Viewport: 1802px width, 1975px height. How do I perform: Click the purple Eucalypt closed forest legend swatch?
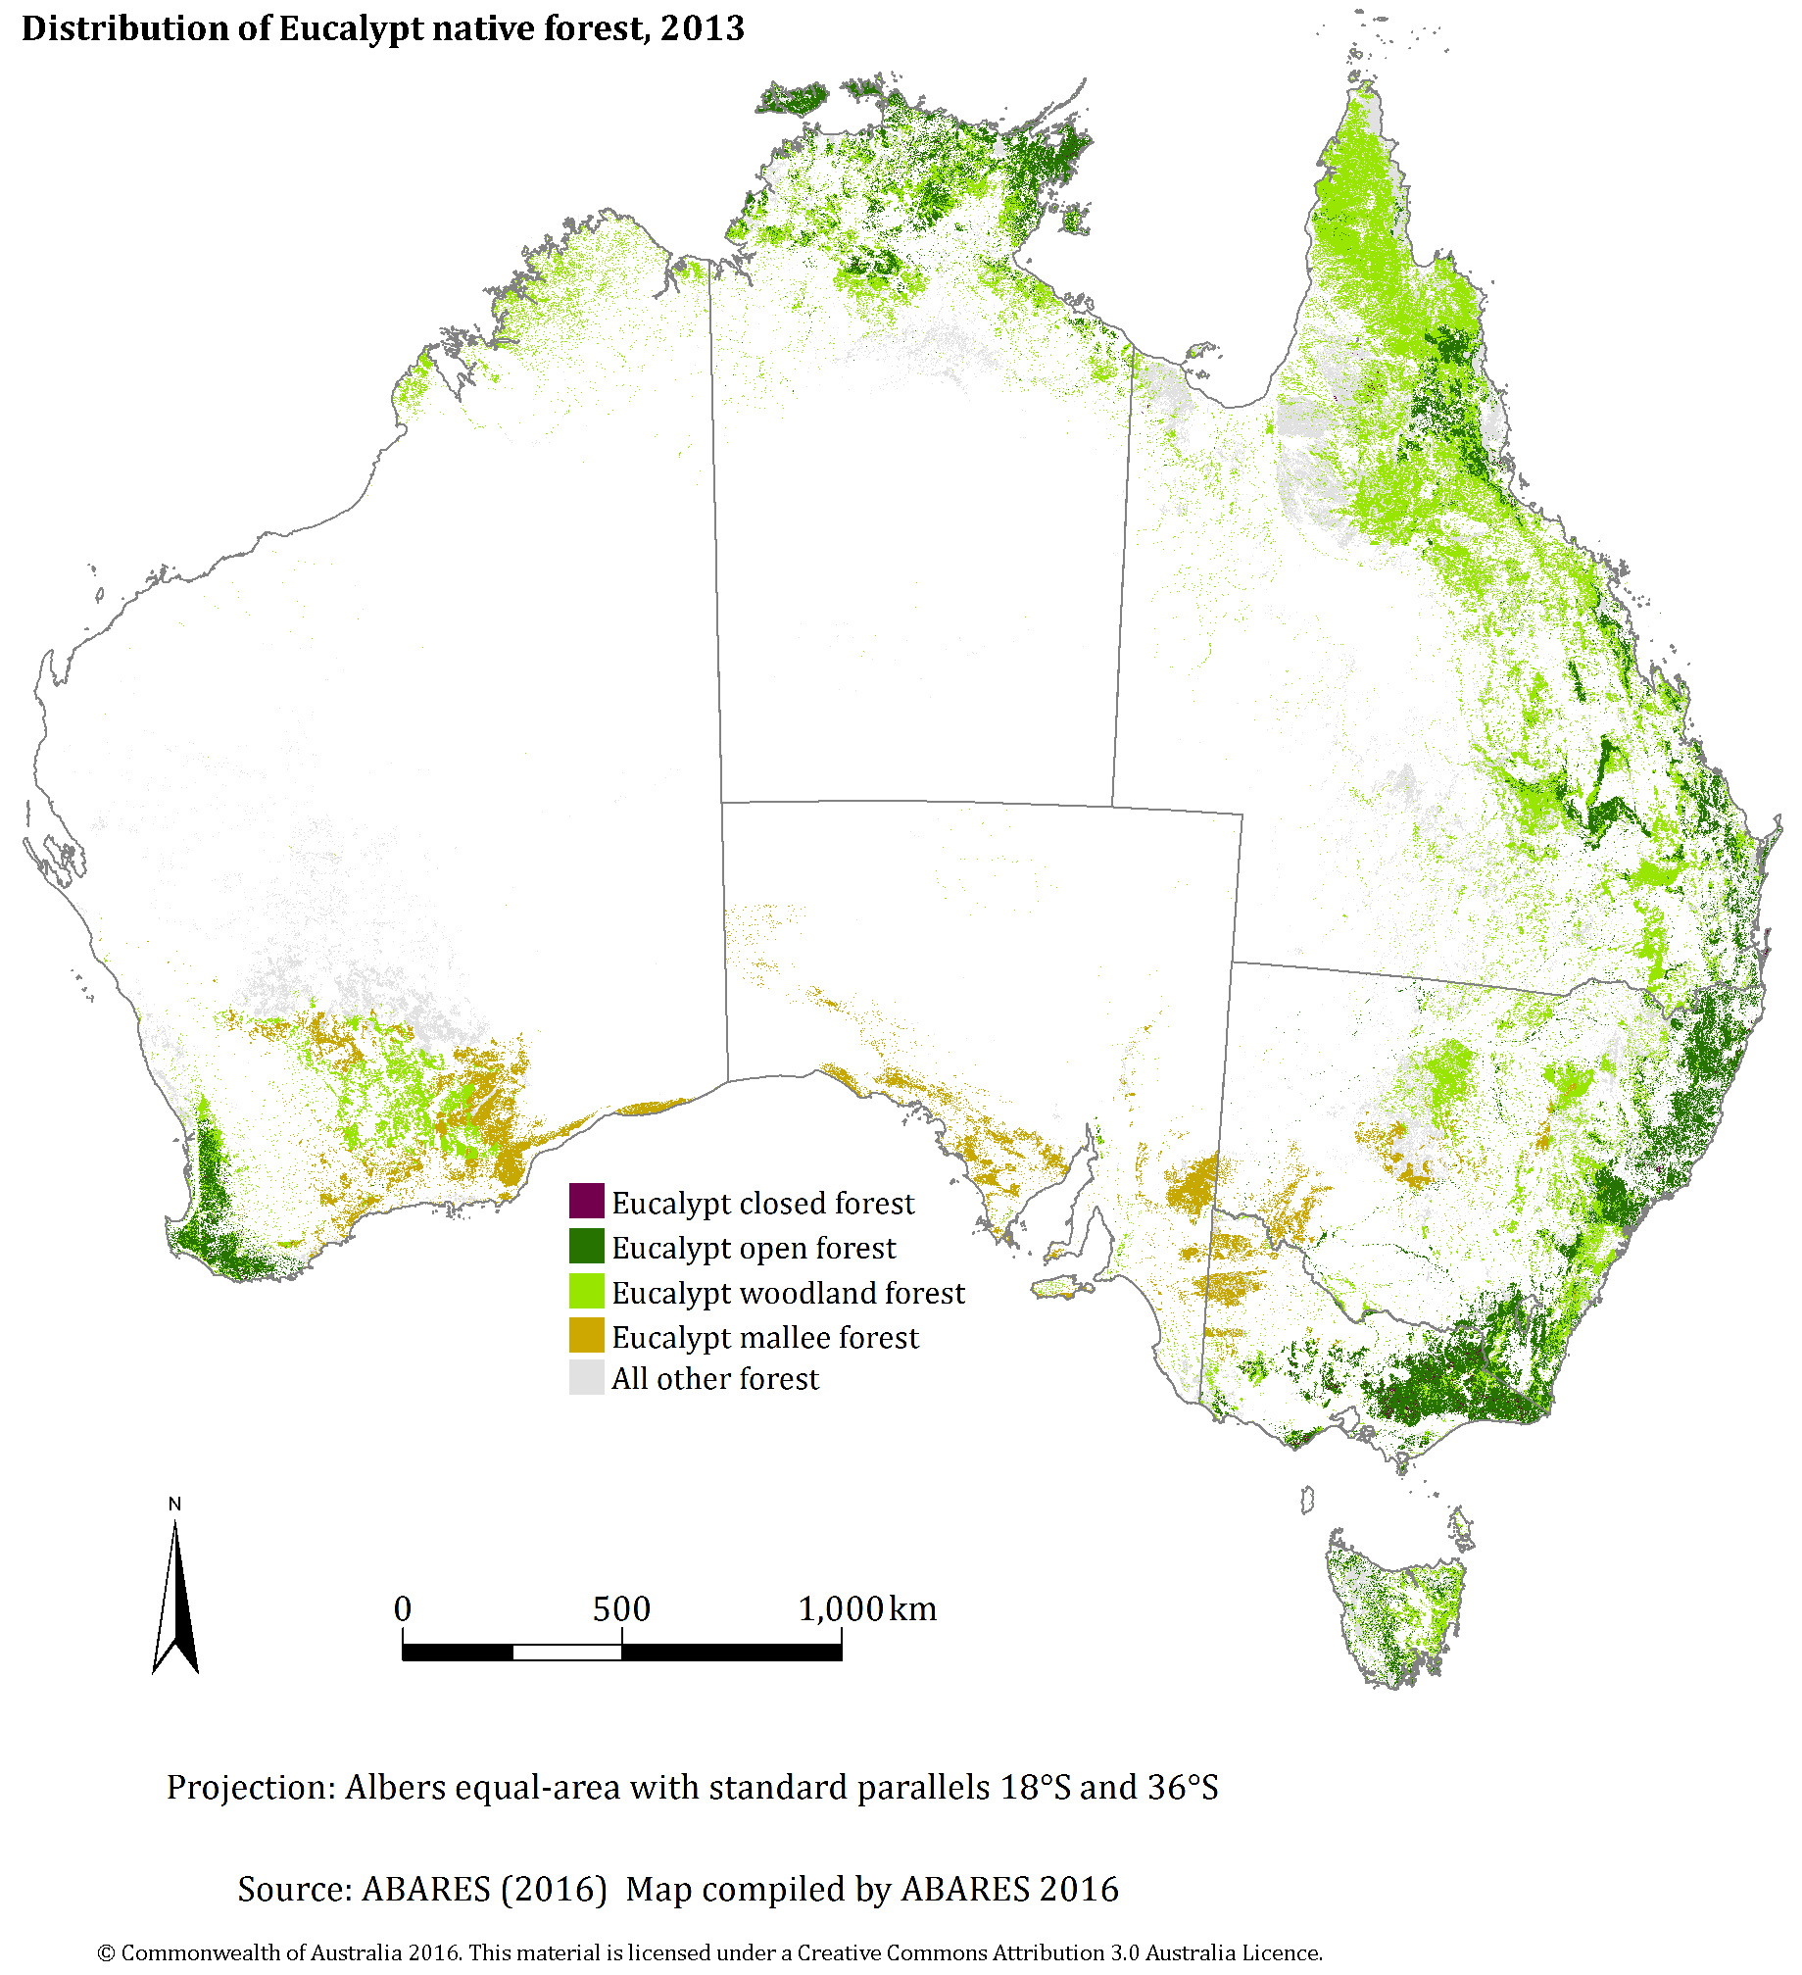(x=586, y=1201)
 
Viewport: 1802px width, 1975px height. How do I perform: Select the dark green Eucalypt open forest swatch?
(x=586, y=1246)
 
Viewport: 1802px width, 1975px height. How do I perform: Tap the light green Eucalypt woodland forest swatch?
(x=586, y=1291)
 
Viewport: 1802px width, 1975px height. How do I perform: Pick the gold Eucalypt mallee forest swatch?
(x=586, y=1335)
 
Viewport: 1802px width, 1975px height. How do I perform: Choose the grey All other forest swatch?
(x=586, y=1377)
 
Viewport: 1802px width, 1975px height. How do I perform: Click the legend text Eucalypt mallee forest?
(x=764, y=1337)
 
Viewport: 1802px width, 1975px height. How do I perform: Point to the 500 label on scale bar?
(x=621, y=1608)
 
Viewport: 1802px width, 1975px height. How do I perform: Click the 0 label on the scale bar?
(x=403, y=1608)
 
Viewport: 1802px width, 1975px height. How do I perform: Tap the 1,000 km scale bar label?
(x=866, y=1608)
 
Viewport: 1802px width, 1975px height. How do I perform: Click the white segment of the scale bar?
(x=566, y=1653)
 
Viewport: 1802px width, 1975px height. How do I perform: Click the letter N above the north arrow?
(x=174, y=1504)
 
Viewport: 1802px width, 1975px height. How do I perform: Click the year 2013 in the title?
(x=702, y=28)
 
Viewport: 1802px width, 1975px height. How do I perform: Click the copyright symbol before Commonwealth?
(x=106, y=1953)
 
